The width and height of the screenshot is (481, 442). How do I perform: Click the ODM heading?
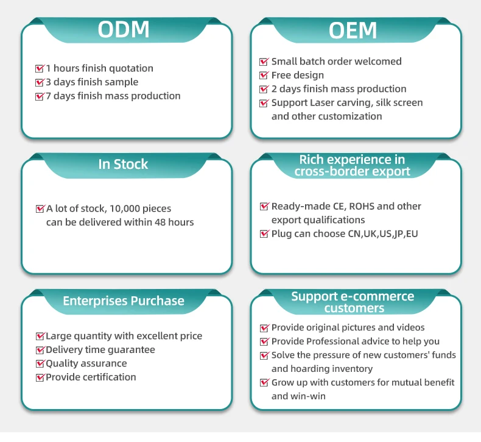[x=124, y=29]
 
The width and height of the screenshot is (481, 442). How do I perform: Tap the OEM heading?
[x=353, y=30]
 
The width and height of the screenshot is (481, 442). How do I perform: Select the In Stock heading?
[x=123, y=164]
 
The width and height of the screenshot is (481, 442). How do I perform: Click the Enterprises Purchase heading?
[x=124, y=301]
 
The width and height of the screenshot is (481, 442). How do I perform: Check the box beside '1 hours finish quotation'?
[x=40, y=68]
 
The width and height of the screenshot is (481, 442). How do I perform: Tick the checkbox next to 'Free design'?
[x=264, y=76]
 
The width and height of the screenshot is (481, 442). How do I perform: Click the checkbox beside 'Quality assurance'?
[x=40, y=363]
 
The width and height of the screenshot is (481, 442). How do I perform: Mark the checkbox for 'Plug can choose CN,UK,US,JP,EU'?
[x=264, y=233]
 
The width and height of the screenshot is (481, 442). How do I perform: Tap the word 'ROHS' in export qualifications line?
[x=359, y=206]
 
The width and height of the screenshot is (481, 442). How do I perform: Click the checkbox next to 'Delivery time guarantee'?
[x=40, y=350]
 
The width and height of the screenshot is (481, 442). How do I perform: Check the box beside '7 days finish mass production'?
[x=40, y=96]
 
